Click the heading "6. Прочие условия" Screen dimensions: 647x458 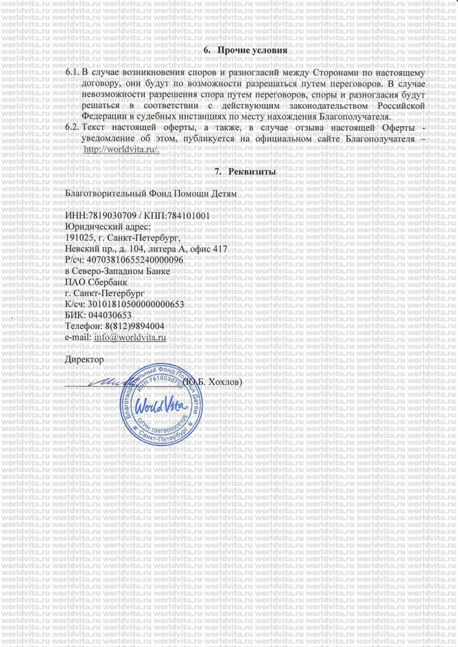[x=245, y=51]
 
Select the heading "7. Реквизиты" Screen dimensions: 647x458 [x=245, y=171]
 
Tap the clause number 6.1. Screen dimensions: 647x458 [x=71, y=72]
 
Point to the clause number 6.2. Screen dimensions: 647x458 [x=71, y=128]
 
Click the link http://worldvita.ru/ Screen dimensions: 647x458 [x=121, y=149]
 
